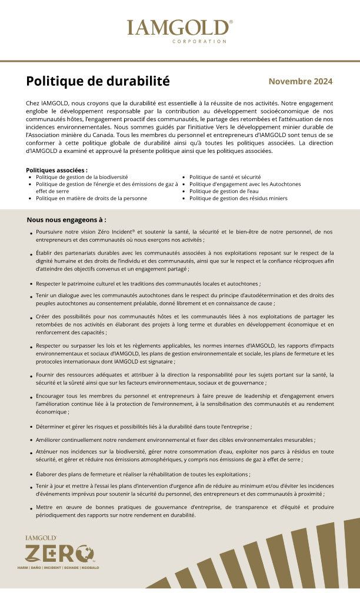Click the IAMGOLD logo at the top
point(179,28)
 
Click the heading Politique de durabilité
point(98,81)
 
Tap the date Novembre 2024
point(300,81)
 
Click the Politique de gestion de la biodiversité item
point(82,176)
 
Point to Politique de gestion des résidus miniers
point(238,198)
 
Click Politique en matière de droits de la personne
point(91,198)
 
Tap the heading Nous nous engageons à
point(66,219)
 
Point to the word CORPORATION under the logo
point(199,41)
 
